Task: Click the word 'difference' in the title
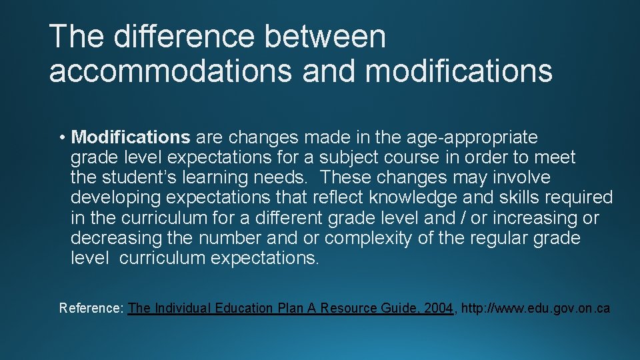(183, 36)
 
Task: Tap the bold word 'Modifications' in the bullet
(131, 137)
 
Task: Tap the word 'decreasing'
(116, 238)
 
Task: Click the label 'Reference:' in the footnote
(91, 308)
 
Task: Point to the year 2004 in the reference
(438, 308)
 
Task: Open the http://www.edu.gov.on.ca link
(535, 308)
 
